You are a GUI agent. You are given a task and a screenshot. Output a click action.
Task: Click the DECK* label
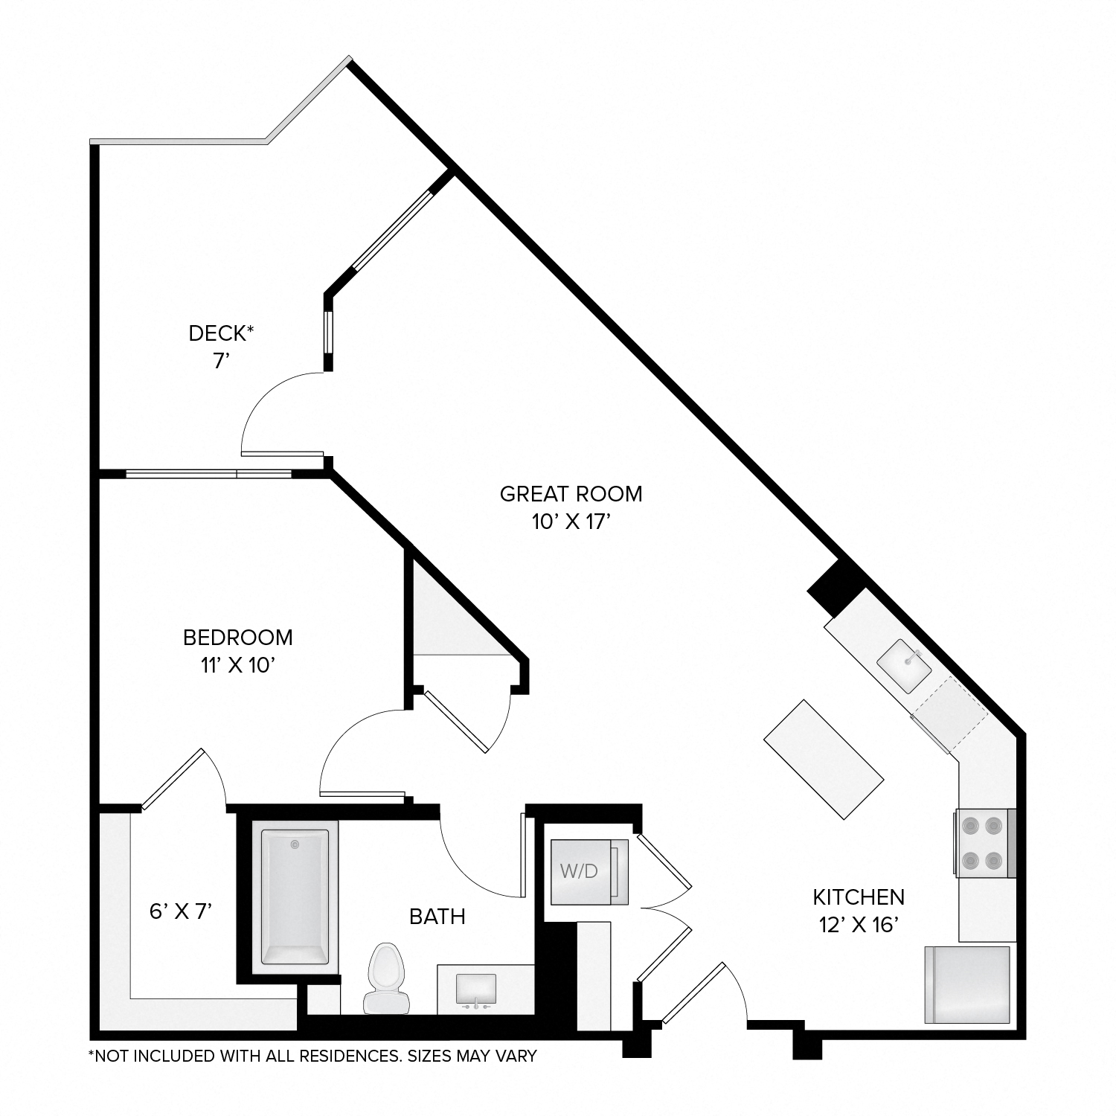(x=221, y=334)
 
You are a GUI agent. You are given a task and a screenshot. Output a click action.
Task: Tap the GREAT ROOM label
(x=571, y=494)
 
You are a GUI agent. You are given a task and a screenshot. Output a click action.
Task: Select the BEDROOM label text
(x=237, y=638)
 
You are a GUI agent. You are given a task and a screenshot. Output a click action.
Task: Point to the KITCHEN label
(x=858, y=897)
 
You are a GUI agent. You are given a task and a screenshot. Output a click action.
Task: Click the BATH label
(x=437, y=917)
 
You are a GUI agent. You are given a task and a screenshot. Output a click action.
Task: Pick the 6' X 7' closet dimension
(x=182, y=911)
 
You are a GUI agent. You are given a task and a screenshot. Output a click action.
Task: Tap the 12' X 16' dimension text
(x=858, y=925)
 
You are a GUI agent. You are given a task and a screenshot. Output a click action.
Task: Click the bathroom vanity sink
(x=475, y=989)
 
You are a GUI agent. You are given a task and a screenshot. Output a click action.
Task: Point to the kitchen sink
(x=904, y=666)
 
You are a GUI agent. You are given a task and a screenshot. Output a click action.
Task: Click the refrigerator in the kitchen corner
(x=967, y=984)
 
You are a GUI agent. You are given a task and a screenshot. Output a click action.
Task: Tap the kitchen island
(x=824, y=759)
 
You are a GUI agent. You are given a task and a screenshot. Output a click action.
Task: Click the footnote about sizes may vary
(x=312, y=1056)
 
